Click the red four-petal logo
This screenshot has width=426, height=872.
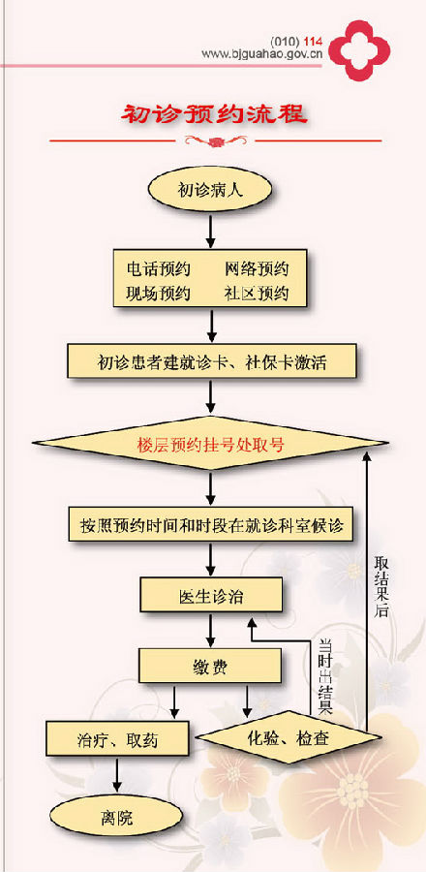click(359, 50)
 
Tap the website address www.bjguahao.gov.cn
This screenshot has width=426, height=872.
click(262, 54)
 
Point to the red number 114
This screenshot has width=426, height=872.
click(314, 42)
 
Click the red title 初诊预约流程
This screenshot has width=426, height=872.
click(214, 114)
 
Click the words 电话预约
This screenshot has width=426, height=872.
click(158, 269)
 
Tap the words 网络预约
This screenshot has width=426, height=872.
click(258, 269)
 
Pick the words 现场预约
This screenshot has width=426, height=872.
click(158, 293)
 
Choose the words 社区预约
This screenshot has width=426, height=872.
click(258, 293)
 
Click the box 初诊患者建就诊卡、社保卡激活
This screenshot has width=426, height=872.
click(211, 362)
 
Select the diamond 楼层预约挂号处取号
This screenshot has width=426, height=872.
click(210, 444)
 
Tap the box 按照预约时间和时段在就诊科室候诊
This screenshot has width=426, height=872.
click(210, 524)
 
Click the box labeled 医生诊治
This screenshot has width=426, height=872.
click(211, 597)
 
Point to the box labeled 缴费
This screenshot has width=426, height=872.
click(210, 667)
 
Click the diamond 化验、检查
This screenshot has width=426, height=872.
click(289, 738)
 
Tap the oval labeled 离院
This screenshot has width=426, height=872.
click(116, 818)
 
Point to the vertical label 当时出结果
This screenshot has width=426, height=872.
click(325, 676)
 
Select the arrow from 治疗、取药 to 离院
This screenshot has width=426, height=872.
click(117, 775)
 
